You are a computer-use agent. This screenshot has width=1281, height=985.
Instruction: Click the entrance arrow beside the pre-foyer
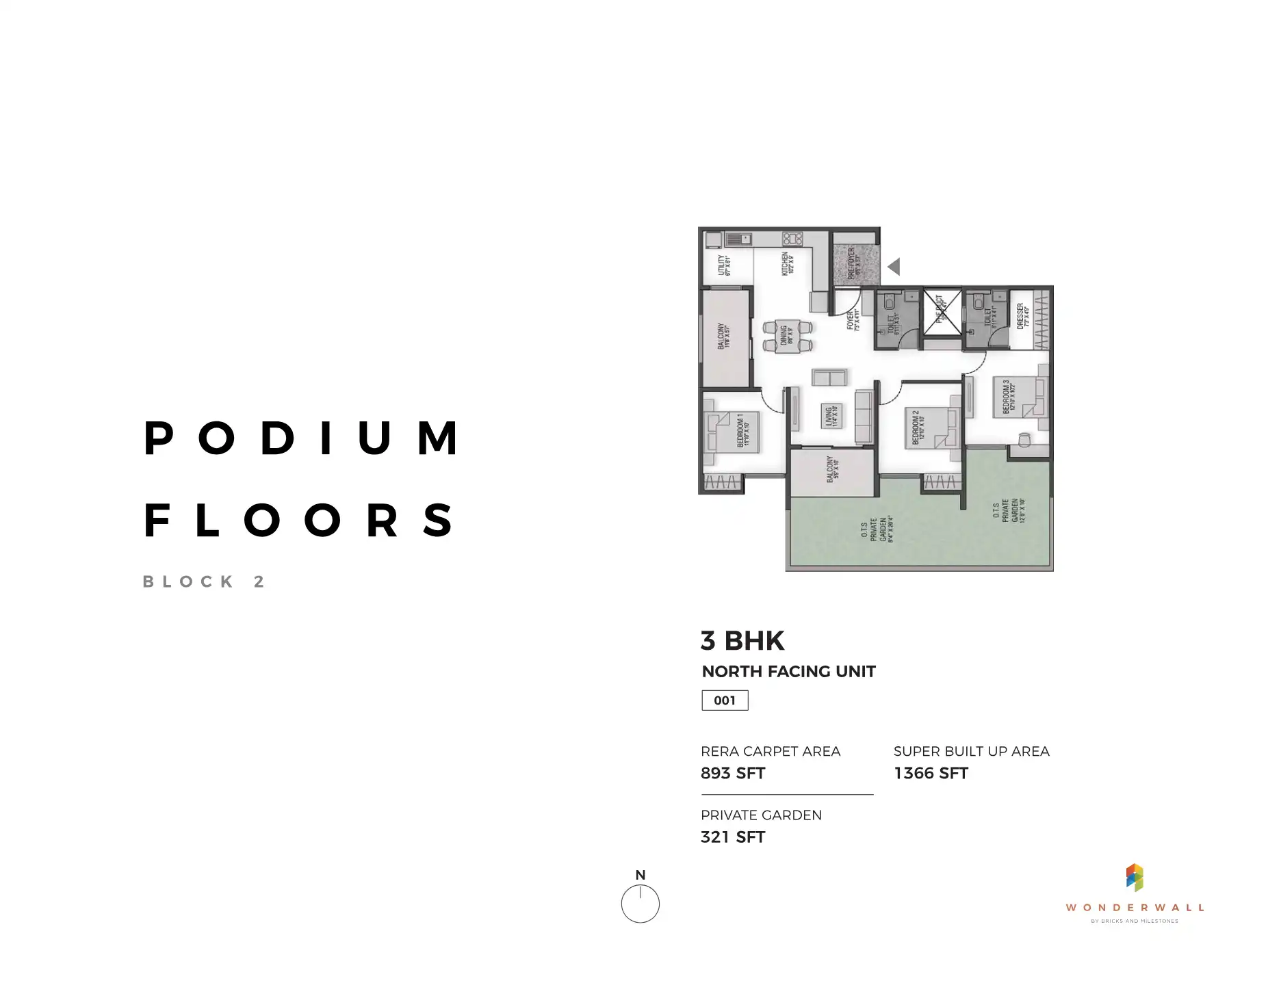(x=894, y=267)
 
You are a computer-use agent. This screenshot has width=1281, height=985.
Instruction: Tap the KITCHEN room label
(x=788, y=265)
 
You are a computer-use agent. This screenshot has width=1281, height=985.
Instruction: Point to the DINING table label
(x=787, y=336)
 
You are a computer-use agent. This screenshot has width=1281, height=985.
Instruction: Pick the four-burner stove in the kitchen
(x=792, y=239)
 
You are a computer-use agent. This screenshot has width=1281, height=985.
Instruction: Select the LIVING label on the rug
(x=831, y=416)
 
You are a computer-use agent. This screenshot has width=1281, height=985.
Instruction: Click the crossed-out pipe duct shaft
(x=942, y=312)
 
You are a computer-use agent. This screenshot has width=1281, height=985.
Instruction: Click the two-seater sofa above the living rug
(x=829, y=378)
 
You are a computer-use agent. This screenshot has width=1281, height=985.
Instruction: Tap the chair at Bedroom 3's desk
(x=1024, y=439)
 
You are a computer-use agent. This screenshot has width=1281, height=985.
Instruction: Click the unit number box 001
(x=725, y=700)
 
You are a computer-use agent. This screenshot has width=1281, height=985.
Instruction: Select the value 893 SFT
(x=733, y=774)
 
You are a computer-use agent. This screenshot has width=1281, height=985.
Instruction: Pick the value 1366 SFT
(x=931, y=774)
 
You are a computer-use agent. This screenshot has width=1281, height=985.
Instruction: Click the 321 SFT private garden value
(x=733, y=837)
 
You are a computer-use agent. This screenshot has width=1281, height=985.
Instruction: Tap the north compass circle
(x=640, y=904)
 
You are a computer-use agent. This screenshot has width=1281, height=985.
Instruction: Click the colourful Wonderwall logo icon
(x=1135, y=878)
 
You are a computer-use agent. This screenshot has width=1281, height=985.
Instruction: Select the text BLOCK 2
(x=204, y=582)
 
